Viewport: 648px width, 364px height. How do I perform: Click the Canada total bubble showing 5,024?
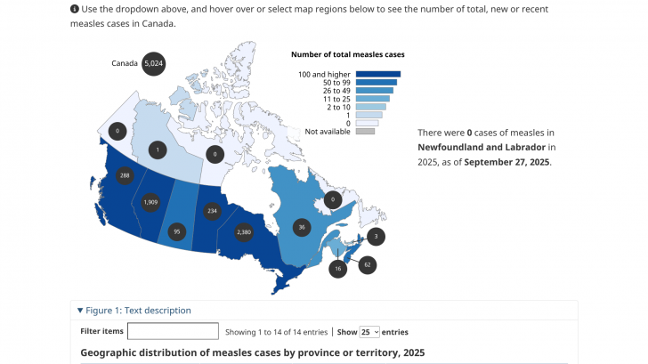click(x=154, y=63)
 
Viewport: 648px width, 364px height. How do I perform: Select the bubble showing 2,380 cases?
click(x=244, y=232)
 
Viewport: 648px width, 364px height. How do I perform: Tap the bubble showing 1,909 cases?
click(x=151, y=203)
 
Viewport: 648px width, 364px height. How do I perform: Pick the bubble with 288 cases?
click(x=125, y=175)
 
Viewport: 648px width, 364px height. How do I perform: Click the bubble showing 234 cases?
click(x=212, y=211)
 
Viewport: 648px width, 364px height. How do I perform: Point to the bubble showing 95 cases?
click(x=176, y=231)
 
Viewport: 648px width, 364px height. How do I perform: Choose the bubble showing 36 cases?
click(x=303, y=227)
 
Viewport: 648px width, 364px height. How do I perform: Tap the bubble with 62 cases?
click(x=367, y=264)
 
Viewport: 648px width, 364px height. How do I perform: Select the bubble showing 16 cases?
click(x=337, y=268)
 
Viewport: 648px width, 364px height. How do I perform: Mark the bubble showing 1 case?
click(x=157, y=150)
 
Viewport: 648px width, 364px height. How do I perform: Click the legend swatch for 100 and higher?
click(x=378, y=74)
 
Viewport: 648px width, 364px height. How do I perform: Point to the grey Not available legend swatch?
click(x=365, y=132)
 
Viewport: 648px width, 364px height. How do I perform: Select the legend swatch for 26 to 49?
click(x=375, y=91)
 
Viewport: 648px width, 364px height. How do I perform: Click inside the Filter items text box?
click(x=173, y=331)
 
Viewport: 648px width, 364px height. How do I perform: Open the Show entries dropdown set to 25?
click(x=369, y=331)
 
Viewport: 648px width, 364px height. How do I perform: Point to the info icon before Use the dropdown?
click(x=74, y=9)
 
